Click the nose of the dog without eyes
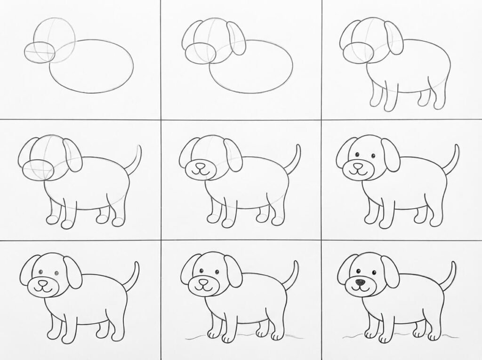tap(200, 166)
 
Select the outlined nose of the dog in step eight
tap(203, 283)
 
